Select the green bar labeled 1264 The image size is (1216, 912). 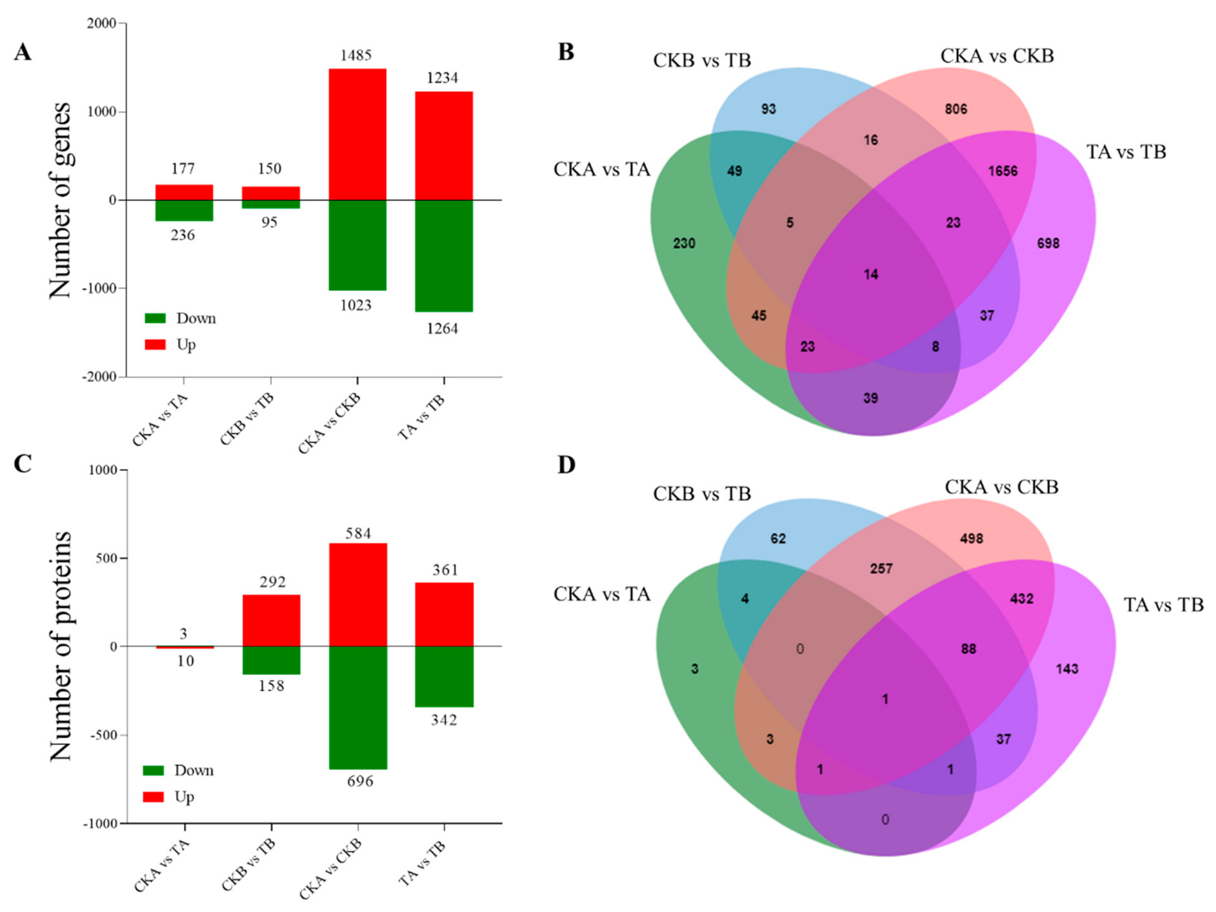point(444,256)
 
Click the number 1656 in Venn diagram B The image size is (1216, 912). point(1003,171)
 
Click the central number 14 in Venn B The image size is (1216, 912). point(871,274)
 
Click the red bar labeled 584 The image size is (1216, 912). point(358,594)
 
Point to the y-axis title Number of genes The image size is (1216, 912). point(60,200)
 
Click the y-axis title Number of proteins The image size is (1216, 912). point(60,646)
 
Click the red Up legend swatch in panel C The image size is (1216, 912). point(153,797)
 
